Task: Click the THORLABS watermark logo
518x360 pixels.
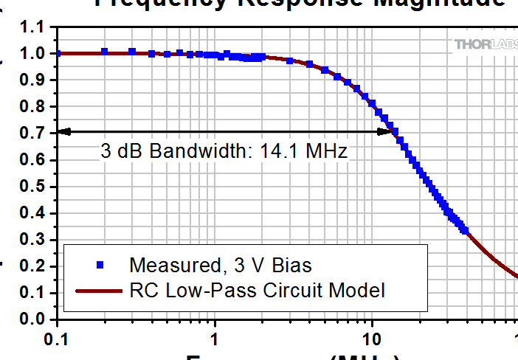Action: coord(484,45)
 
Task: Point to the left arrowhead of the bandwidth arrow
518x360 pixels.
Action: coord(63,132)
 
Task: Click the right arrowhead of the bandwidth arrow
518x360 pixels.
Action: coord(384,132)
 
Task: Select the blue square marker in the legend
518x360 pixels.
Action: coord(98,264)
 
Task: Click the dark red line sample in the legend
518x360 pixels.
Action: coord(98,291)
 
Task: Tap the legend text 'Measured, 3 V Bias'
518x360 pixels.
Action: coord(220,264)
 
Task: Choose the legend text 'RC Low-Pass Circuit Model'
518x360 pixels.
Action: coord(257,291)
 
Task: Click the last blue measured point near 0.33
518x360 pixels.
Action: coord(464,229)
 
